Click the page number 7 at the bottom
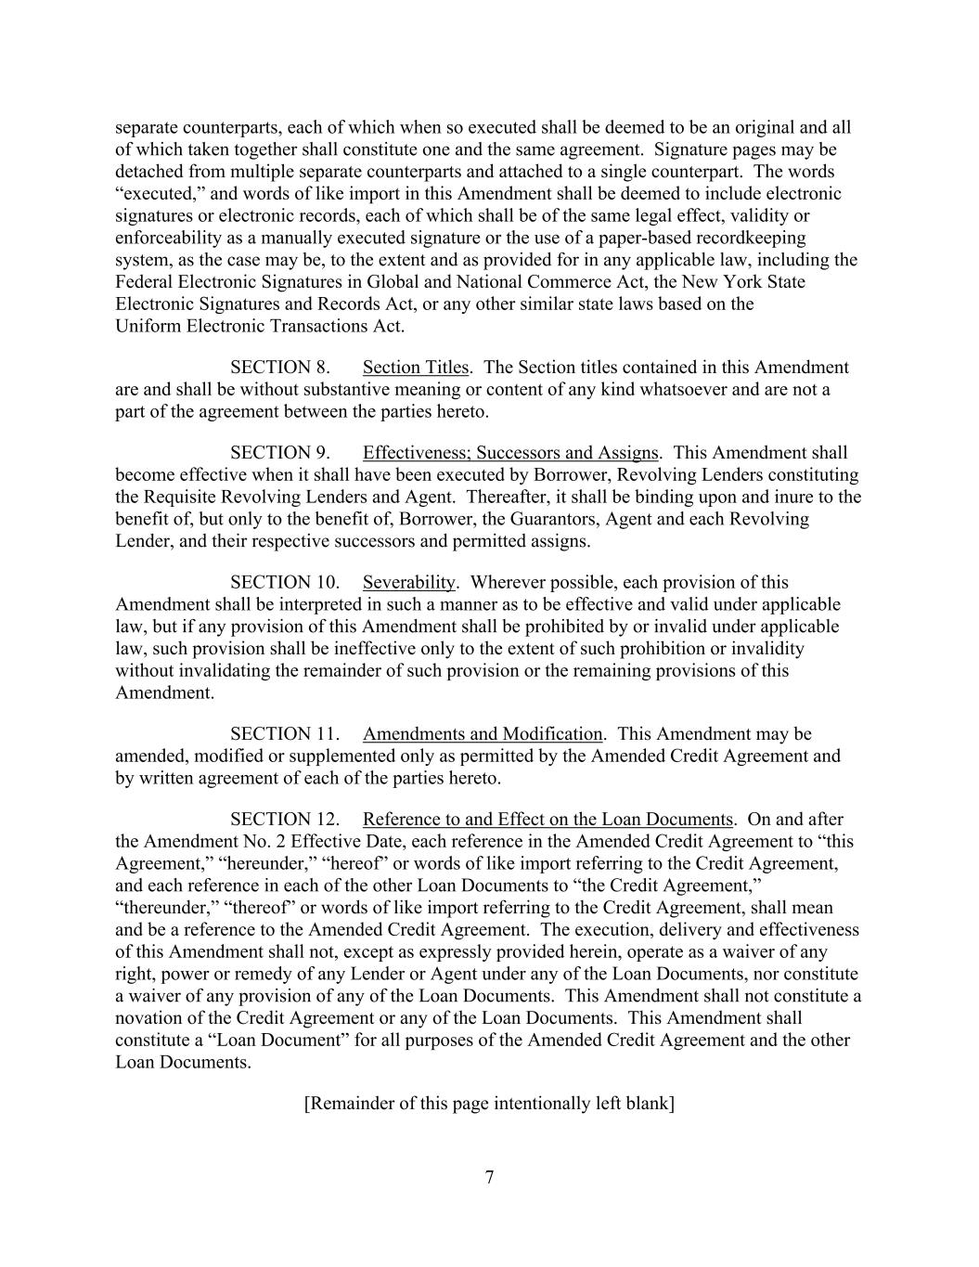pyautogui.click(x=489, y=1178)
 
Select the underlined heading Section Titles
pyautogui.click(x=416, y=368)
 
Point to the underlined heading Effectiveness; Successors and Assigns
pyautogui.click(x=510, y=453)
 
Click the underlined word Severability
pyautogui.click(x=409, y=583)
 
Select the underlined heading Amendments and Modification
pyautogui.click(x=483, y=734)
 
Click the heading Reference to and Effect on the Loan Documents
pyautogui.click(x=547, y=820)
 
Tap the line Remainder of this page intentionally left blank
pyautogui.click(x=489, y=1104)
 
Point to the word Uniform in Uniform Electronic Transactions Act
pyautogui.click(x=148, y=326)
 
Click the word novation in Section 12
pyautogui.click(x=148, y=1018)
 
